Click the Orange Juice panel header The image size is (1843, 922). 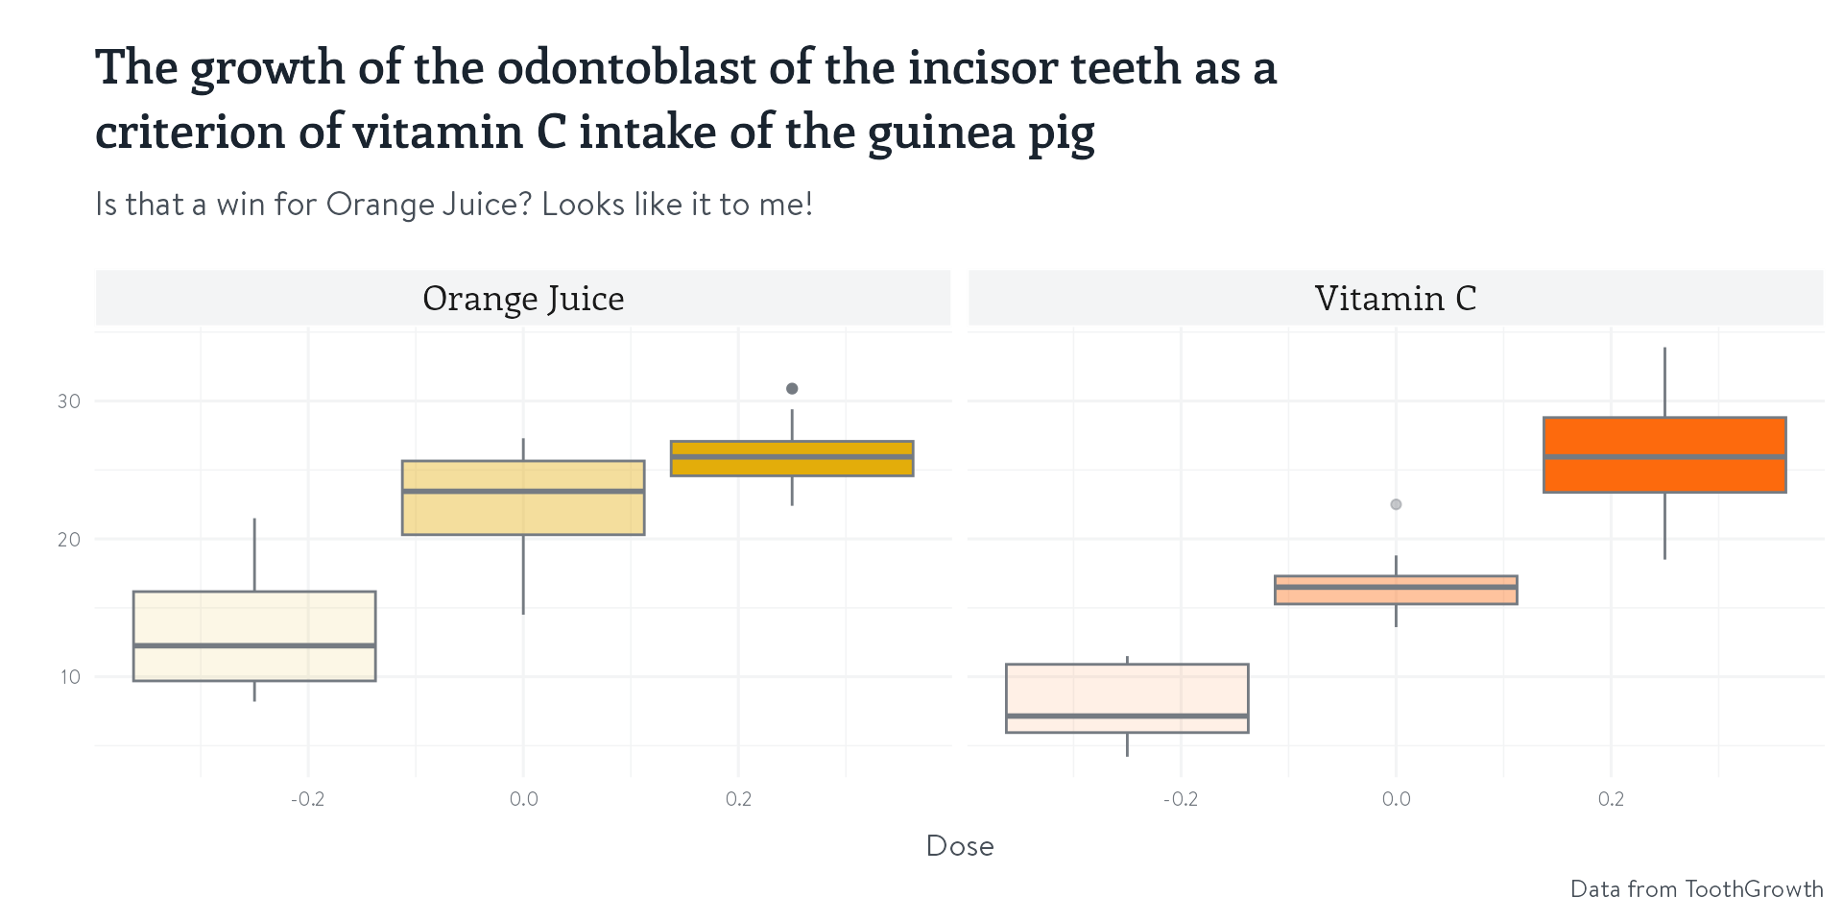523,299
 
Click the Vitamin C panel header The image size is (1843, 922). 1395,299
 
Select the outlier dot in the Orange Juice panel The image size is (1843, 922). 792,389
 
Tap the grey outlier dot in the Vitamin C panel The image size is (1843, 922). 1396,504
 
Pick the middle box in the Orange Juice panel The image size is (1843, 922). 523,514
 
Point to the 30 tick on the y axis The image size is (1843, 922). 69,401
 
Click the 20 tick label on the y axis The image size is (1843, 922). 69,540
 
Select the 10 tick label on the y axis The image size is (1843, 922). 69,677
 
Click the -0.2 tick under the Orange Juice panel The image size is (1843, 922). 307,799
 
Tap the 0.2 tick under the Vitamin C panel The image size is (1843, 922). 1611,799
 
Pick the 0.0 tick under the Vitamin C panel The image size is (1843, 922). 1396,799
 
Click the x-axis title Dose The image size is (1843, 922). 960,846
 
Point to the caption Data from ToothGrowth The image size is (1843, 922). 1696,889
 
